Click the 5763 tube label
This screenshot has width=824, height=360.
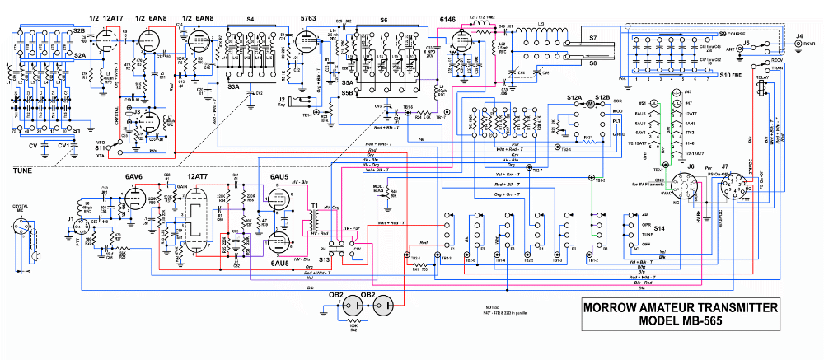(307, 19)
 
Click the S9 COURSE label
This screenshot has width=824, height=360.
(733, 33)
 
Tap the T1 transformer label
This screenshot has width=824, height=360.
(314, 205)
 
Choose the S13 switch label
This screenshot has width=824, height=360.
(325, 259)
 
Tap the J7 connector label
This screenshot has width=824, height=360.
(726, 166)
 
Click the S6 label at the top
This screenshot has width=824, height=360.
(383, 19)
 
